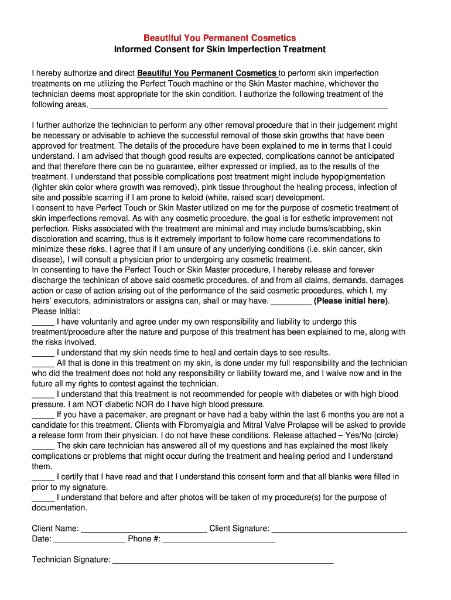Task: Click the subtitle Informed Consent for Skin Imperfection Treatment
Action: pyautogui.click(x=220, y=49)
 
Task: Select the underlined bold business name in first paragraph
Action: pyautogui.click(x=207, y=73)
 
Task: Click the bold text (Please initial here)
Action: pyautogui.click(x=351, y=301)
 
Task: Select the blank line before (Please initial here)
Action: pyautogui.click(x=292, y=302)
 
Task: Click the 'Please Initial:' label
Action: pyautogui.click(x=56, y=311)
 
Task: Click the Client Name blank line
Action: pyautogui.click(x=144, y=530)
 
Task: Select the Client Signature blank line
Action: pyautogui.click(x=339, y=530)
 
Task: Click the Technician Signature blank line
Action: pyautogui.click(x=223, y=561)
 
